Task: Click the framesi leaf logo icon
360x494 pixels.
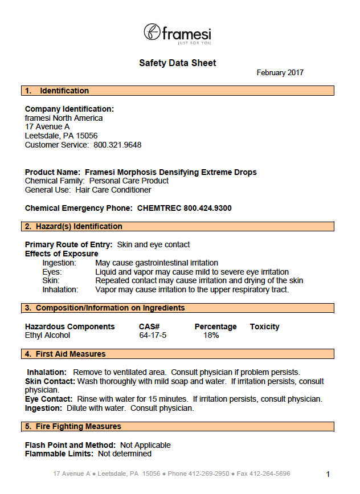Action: tap(152, 32)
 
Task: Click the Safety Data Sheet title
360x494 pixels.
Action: tap(178, 63)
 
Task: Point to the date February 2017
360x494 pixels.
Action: tap(280, 73)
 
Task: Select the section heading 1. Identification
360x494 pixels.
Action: tap(57, 91)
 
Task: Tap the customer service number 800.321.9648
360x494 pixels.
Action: tap(117, 145)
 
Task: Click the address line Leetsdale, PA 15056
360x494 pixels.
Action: tap(62, 136)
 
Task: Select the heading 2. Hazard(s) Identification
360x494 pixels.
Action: tap(73, 226)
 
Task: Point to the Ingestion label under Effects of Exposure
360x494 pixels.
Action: tap(59, 263)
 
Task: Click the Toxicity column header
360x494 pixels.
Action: tap(264, 326)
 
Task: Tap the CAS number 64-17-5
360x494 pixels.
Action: tap(153, 335)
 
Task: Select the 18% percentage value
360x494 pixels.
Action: tap(211, 335)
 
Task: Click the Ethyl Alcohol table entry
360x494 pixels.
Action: tap(48, 335)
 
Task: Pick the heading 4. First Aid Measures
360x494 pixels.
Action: tap(65, 354)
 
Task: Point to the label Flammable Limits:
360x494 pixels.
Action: tap(59, 454)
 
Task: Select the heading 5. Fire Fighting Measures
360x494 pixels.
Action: tap(73, 426)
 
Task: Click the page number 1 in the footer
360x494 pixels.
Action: tap(328, 474)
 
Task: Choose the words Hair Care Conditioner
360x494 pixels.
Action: tap(113, 190)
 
